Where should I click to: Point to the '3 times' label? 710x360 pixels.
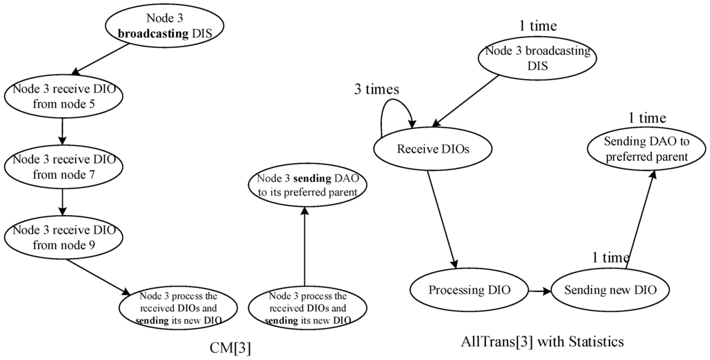[x=378, y=90]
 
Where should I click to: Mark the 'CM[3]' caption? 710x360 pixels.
[x=230, y=347]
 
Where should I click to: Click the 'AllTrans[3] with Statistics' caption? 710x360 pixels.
[x=543, y=341]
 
